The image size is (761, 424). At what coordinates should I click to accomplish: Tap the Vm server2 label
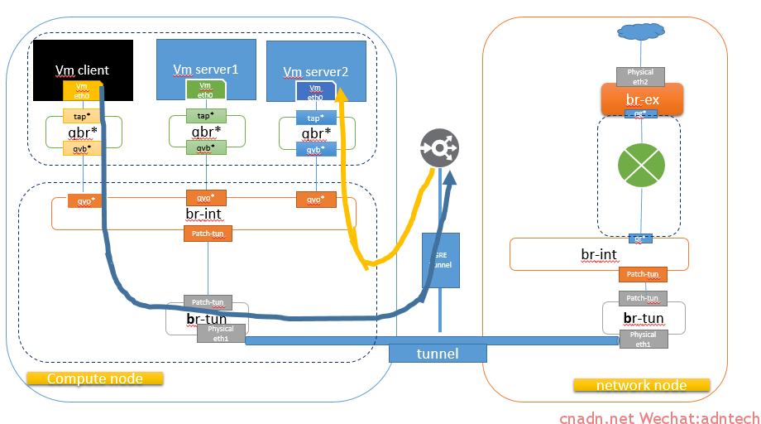316,72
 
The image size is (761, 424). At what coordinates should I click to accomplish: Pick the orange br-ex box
641,99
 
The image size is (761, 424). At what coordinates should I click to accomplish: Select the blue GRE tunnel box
440,260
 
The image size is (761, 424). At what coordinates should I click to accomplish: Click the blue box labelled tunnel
438,354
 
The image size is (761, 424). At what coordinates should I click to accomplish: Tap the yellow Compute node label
95,378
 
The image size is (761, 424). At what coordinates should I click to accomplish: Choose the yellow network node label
641,385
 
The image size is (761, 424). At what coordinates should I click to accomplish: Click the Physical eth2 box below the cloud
640,76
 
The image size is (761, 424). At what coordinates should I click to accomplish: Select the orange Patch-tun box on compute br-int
207,234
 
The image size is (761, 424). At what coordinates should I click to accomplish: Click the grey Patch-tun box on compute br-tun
208,303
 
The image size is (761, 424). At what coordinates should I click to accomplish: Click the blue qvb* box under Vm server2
316,149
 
